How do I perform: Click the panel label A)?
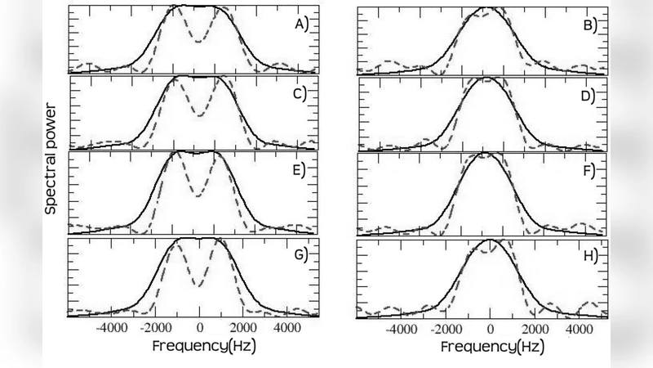pyautogui.click(x=300, y=24)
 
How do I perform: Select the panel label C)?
pyautogui.click(x=300, y=93)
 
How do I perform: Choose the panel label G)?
pyautogui.click(x=300, y=255)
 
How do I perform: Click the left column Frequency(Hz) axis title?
pyautogui.click(x=203, y=346)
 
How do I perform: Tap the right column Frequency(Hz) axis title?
pyautogui.click(x=492, y=346)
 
